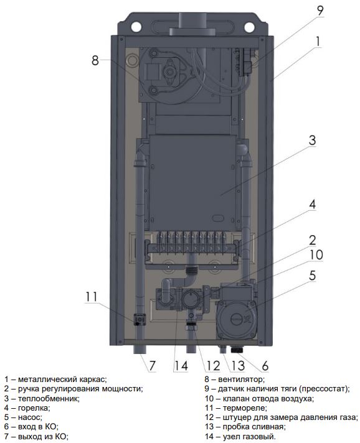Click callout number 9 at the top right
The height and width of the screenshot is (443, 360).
coord(320,11)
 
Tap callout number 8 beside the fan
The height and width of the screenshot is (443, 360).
coord(95,60)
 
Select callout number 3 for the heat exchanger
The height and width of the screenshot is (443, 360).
coord(312,140)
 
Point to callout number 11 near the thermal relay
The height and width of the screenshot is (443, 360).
coord(92,296)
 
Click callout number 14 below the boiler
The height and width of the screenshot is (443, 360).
coord(181,366)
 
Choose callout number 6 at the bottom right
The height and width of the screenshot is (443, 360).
coord(265,366)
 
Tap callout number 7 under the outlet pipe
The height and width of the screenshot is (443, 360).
coord(152,366)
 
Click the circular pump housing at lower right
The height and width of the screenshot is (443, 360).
coord(237,319)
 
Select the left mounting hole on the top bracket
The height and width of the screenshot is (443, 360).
coord(136,27)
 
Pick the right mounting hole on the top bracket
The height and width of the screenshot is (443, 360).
coord(249,27)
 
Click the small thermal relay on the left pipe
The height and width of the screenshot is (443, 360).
coord(140,320)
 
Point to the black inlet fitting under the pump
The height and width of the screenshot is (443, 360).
coord(239,350)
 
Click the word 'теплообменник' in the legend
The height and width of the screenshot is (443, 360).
coord(49,398)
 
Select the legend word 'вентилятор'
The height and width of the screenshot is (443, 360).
coord(241,379)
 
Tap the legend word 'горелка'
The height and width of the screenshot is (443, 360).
coord(34,408)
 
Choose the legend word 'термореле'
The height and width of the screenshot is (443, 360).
coord(245,408)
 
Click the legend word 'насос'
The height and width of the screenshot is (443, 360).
coord(30,417)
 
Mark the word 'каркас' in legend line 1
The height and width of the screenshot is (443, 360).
coord(92,380)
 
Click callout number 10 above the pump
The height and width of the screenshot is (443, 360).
coord(316,254)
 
